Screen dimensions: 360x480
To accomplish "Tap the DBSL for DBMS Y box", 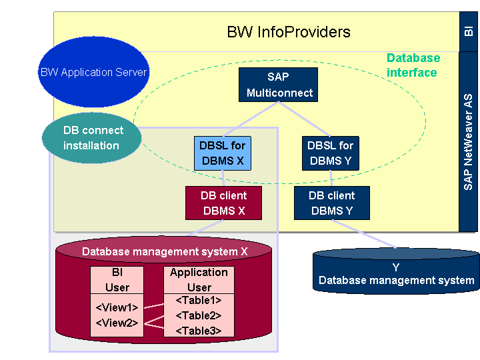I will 330,153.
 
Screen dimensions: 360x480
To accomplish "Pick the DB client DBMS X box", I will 223,203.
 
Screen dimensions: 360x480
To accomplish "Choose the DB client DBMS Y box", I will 331,203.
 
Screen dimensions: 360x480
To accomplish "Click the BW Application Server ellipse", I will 93,72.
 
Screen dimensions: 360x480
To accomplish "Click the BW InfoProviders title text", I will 288,31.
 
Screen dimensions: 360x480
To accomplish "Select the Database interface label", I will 413,65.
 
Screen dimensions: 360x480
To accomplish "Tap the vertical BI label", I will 469,31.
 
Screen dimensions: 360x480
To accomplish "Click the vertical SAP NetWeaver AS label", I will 469,142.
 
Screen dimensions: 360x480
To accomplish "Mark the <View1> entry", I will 117,308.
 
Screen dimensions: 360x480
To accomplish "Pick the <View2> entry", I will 117,323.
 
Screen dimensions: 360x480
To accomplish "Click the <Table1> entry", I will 199,301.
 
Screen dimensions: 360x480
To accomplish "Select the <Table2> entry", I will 199,315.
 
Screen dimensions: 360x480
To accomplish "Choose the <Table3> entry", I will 199,330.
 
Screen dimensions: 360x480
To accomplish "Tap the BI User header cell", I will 117,280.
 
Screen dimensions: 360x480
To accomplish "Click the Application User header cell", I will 199,280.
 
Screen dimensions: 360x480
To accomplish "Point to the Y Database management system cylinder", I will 396,274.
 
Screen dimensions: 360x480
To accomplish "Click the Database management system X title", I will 165,252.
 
